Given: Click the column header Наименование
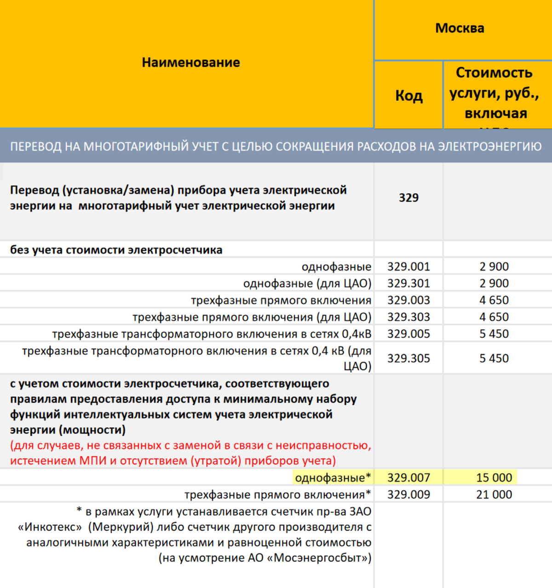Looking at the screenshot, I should [190, 63].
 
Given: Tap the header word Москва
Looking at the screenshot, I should [460, 29].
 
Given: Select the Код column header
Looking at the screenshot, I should [408, 96].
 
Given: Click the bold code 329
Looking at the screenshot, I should [408, 198].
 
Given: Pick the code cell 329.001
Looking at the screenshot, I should [408, 267].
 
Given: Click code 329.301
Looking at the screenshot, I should [408, 284].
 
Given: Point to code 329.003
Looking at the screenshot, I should [408, 300].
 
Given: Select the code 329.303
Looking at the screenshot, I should [408, 317].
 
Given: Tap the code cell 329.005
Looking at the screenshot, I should [408, 334].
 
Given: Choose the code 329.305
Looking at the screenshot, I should [408, 359].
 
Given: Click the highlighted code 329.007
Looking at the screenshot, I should [408, 478].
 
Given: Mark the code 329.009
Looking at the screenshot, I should [408, 495].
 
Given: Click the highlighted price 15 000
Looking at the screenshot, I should [494, 478].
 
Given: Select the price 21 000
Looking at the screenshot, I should [494, 495].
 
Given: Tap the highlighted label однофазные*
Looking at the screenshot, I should [333, 478].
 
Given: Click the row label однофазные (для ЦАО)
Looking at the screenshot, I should [307, 284].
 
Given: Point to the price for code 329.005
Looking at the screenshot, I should [494, 334].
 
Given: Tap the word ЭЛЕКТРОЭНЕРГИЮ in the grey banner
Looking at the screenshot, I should [489, 147].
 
